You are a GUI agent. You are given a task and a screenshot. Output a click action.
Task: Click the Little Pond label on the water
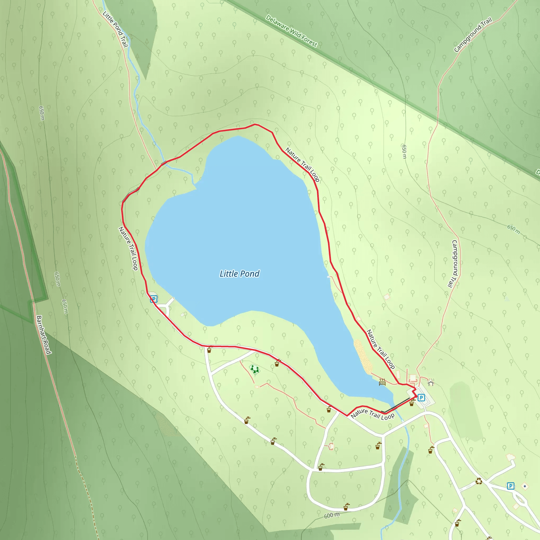pyautogui.click(x=239, y=274)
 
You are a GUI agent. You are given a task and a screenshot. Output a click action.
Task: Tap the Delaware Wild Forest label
pyautogui.click(x=291, y=31)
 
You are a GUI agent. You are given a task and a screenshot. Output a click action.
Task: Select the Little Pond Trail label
pyautogui.click(x=115, y=29)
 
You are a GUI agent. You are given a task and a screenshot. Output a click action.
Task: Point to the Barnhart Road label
pyautogui.click(x=44, y=335)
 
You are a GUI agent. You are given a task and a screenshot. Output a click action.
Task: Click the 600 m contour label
pyautogui.click(x=332, y=515)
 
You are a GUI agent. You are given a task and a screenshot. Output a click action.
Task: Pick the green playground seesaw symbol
pyautogui.click(x=254, y=369)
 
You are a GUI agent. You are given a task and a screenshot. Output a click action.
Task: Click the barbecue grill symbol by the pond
pyautogui.click(x=382, y=382)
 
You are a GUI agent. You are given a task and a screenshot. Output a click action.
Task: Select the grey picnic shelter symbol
pyautogui.click(x=431, y=382)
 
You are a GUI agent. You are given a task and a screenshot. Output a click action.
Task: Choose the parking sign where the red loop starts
pyautogui.click(x=421, y=397)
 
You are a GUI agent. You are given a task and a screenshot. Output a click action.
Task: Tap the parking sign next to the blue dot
pyautogui.click(x=511, y=486)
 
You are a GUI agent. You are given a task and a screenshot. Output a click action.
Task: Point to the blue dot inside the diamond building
pyautogui.click(x=525, y=486)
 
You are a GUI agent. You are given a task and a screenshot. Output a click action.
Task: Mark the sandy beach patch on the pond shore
pyautogui.click(x=363, y=357)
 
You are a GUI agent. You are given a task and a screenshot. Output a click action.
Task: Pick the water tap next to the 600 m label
pyautogui.click(x=346, y=507)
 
